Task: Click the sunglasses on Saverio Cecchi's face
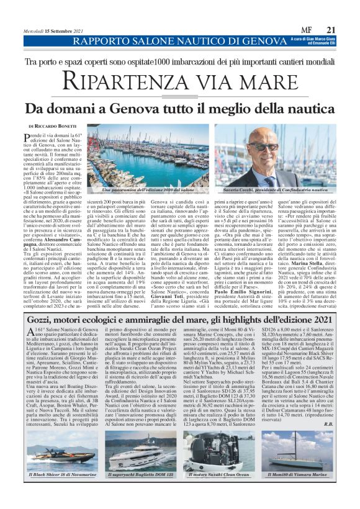265,148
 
